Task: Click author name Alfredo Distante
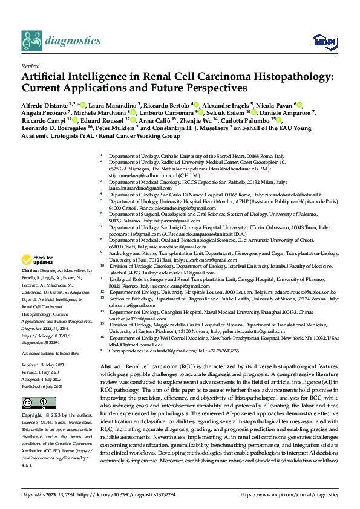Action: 44,105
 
